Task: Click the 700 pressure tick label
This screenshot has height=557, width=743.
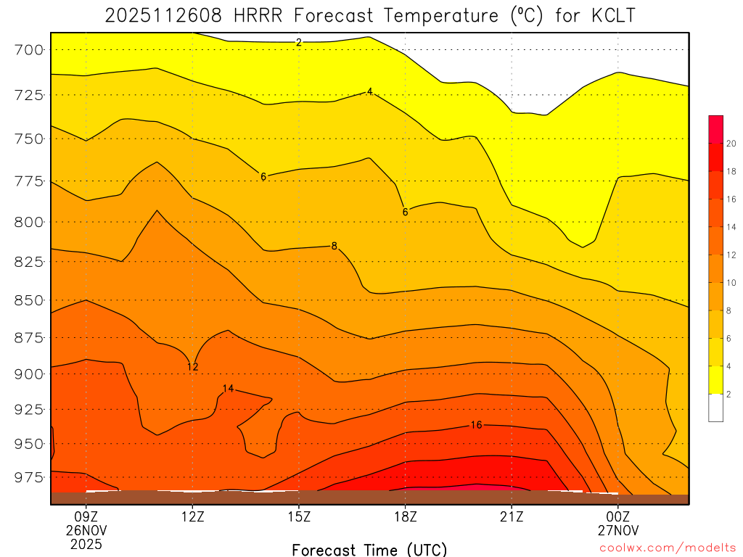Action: click(x=29, y=50)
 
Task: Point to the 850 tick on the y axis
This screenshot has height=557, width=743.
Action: click(x=29, y=300)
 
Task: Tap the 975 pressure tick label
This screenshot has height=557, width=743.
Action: click(x=29, y=477)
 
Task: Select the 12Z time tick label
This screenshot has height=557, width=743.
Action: click(x=192, y=517)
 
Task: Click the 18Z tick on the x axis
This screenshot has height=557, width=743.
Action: click(x=405, y=517)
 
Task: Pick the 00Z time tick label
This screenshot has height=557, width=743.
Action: click(x=618, y=517)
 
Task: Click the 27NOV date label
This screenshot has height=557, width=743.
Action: click(x=618, y=530)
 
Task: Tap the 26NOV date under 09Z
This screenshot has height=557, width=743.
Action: click(x=86, y=530)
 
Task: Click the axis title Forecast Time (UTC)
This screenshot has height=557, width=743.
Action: click(x=369, y=549)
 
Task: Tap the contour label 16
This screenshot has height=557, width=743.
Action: click(x=476, y=425)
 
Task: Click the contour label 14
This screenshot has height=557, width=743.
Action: click(x=228, y=389)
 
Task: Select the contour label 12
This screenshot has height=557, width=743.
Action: click(x=192, y=367)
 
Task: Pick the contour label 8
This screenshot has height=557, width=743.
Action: click(x=334, y=246)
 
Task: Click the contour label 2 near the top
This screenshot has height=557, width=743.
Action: click(x=298, y=43)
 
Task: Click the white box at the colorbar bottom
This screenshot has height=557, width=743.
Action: click(x=715, y=408)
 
